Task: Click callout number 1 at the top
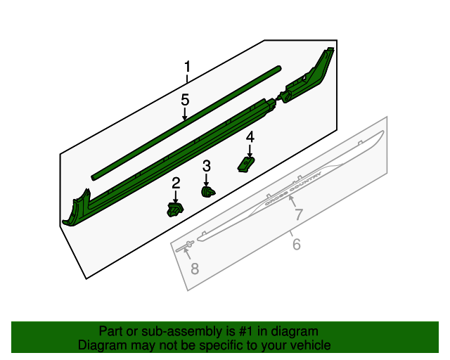(187, 67)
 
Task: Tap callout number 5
(185, 100)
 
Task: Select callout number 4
(250, 136)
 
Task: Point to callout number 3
(206, 166)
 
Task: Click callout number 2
(176, 183)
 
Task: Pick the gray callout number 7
(298, 215)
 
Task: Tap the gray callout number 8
(195, 268)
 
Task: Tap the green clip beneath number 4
(246, 163)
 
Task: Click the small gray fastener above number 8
(188, 245)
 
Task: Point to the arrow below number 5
(185, 115)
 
